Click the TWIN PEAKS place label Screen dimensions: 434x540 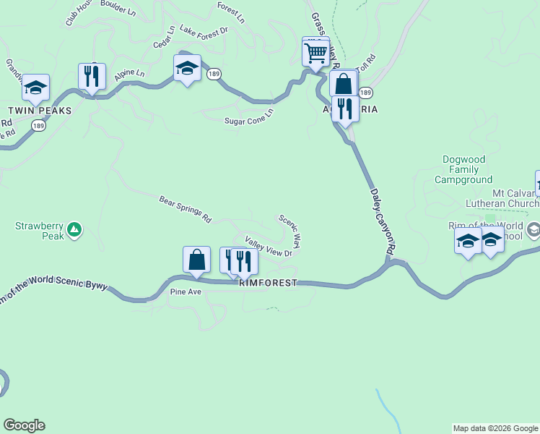[40, 111]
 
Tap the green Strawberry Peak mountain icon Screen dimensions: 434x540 [74, 231]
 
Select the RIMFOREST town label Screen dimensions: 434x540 [268, 284]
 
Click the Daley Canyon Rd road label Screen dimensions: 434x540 [383, 221]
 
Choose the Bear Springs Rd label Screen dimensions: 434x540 [185, 208]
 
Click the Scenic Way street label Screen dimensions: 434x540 [289, 231]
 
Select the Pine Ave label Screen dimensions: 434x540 [186, 292]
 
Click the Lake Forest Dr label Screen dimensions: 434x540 [204, 31]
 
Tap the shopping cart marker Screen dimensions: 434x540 [315, 52]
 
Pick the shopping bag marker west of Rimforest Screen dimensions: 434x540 [196, 259]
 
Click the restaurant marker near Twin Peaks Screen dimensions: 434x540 [92, 75]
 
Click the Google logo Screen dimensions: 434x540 [24, 425]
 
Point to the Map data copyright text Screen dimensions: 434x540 [495, 428]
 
